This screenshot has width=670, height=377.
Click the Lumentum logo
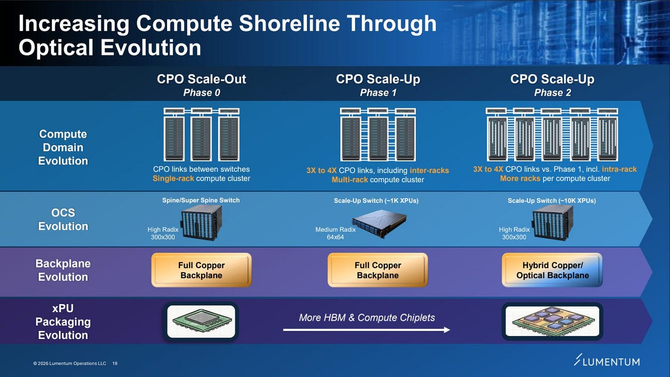tap(606, 361)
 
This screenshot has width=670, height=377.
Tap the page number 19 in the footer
tap(115, 364)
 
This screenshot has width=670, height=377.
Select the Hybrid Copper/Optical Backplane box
tap(552, 271)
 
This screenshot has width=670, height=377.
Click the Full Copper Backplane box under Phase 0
tap(202, 271)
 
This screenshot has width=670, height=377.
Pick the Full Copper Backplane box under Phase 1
tap(378, 271)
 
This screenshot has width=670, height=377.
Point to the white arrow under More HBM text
tap(366, 330)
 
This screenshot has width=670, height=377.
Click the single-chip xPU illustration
tap(201, 321)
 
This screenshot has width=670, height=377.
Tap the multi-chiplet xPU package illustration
tap(552, 321)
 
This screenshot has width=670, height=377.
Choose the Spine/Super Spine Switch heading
tap(201, 200)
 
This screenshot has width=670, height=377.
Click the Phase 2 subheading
tap(552, 93)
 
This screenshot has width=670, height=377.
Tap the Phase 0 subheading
tap(202, 93)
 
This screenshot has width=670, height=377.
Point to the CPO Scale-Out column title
tap(202, 79)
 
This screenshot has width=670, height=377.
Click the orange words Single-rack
tap(173, 178)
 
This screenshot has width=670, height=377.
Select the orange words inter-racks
tap(429, 171)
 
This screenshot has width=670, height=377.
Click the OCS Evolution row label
tap(63, 219)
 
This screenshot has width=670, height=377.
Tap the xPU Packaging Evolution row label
tap(63, 322)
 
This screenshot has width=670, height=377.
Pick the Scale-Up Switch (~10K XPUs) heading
tap(552, 200)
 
